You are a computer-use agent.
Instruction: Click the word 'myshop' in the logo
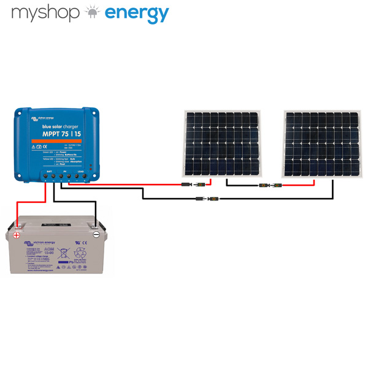click(x=46, y=13)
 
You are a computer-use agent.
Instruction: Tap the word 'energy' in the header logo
click(x=136, y=14)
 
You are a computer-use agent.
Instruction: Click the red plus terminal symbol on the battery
click(x=17, y=234)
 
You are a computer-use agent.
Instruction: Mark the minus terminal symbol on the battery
click(x=96, y=234)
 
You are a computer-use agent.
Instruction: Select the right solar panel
click(x=322, y=142)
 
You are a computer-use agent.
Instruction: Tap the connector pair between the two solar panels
click(x=270, y=185)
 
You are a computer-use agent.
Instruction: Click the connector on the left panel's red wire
click(x=191, y=184)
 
